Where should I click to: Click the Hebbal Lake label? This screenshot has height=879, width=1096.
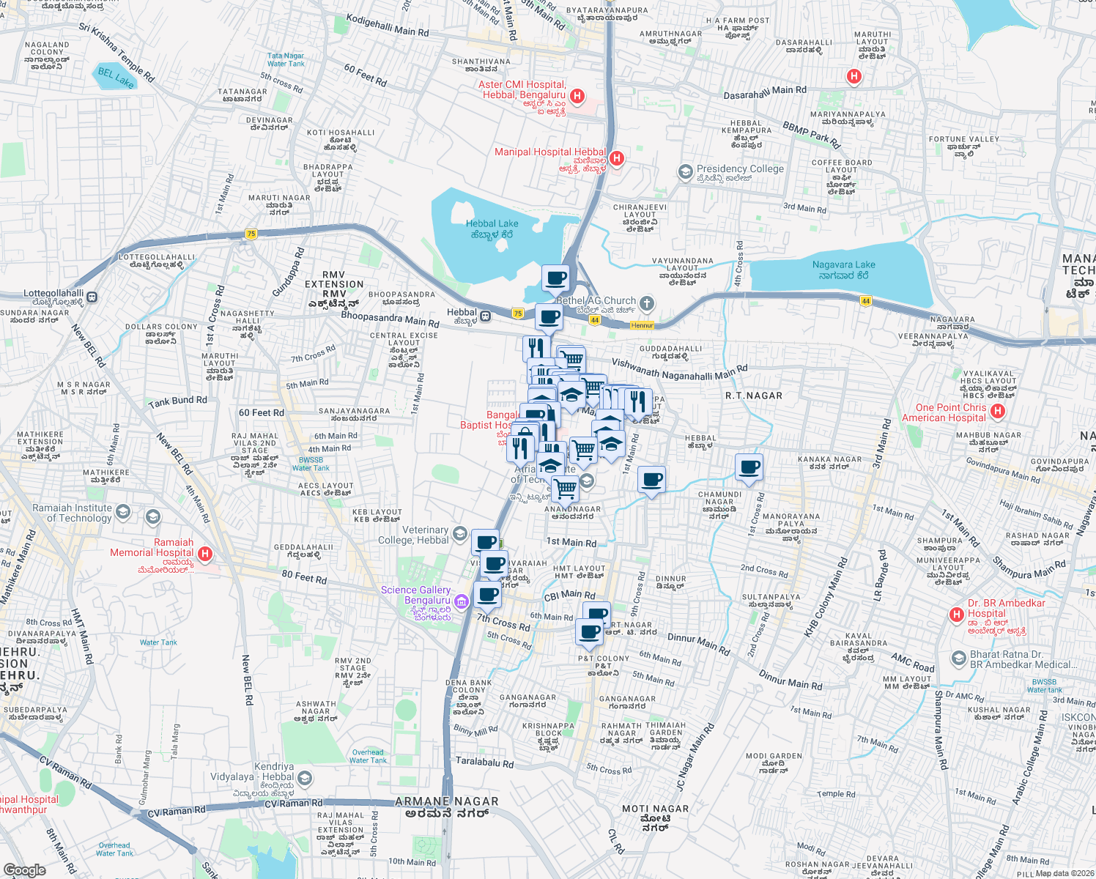(x=492, y=229)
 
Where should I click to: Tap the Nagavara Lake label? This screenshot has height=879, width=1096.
(x=843, y=270)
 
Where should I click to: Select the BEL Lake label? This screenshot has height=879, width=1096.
(x=116, y=78)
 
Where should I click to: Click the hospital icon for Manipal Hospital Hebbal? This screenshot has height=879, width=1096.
(x=617, y=157)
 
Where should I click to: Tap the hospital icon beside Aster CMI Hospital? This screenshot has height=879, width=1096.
(x=577, y=96)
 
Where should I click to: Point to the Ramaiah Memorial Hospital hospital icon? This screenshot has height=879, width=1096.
(x=205, y=555)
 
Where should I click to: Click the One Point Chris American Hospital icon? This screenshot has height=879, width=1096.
(x=997, y=412)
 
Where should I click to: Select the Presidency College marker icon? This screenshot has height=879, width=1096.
(x=685, y=172)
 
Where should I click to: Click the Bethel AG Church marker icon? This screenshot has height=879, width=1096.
(x=646, y=303)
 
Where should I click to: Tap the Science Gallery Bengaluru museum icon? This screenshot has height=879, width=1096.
(x=461, y=602)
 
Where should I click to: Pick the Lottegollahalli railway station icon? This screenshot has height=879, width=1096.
(x=92, y=297)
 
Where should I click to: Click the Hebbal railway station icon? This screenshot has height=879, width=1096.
(x=485, y=316)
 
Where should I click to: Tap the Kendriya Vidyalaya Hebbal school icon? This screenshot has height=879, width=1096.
(x=306, y=777)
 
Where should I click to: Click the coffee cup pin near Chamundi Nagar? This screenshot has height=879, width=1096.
(x=749, y=467)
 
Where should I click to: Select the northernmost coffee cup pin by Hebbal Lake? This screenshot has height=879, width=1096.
(x=555, y=278)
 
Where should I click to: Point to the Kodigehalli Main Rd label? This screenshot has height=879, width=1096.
(x=388, y=26)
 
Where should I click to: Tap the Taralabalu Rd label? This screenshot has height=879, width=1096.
(x=484, y=763)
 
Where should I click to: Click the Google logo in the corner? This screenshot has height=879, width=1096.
(x=24, y=869)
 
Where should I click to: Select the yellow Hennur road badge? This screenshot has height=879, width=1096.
(x=642, y=325)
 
